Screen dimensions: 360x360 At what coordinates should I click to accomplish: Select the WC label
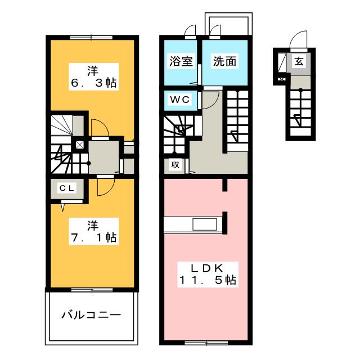point(181,100)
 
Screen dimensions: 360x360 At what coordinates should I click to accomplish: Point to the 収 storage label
point(175,165)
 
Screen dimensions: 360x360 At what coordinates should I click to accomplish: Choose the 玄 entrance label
point(299,62)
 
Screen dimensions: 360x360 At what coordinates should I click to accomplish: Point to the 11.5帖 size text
point(208,280)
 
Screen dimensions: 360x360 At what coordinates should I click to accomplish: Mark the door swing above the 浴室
point(190,31)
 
